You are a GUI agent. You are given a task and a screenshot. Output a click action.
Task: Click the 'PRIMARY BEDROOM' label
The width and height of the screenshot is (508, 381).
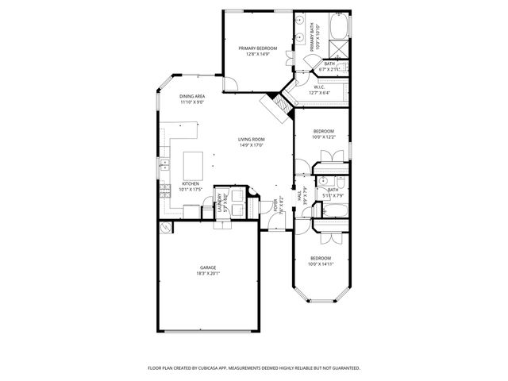(x=258, y=48)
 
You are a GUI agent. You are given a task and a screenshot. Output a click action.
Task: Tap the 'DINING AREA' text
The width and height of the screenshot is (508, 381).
(x=192, y=96)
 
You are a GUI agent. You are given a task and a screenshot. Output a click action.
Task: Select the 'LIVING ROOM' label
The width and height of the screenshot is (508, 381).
(x=251, y=140)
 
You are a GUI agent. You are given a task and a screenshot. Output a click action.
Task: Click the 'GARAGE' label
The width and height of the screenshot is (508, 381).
(x=207, y=267)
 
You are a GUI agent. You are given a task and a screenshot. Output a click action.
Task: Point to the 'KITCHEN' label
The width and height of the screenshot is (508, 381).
(x=179, y=183)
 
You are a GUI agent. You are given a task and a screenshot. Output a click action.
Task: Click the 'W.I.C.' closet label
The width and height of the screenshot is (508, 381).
(x=319, y=87)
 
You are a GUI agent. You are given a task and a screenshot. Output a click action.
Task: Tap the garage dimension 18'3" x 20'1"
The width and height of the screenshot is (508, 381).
(x=207, y=273)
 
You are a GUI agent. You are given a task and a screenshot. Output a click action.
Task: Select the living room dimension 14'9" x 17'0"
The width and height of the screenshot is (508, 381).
(x=251, y=145)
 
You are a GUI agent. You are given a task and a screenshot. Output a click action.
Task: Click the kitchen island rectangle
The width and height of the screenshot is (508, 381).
(x=193, y=166)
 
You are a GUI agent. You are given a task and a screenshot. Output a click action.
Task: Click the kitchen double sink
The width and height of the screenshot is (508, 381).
(x=164, y=164)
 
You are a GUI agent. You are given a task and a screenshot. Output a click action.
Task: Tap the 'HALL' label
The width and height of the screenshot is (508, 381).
(x=299, y=195)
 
